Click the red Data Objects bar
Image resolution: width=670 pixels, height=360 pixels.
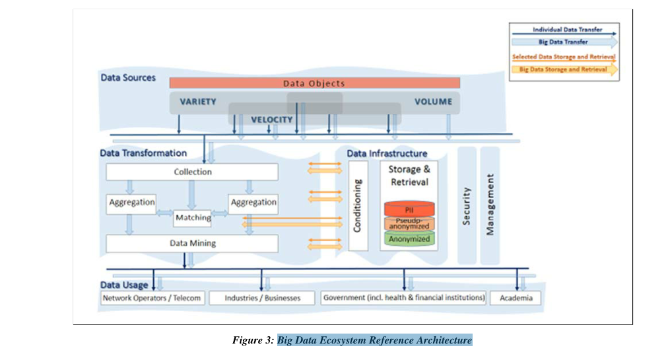pyautogui.click(x=314, y=83)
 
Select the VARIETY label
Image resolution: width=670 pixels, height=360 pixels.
pyautogui.click(x=198, y=102)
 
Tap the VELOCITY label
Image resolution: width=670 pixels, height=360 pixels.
pyautogui.click(x=271, y=120)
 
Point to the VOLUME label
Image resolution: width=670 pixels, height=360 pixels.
pyautogui.click(x=433, y=102)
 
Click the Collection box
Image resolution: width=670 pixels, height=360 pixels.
pyautogui.click(x=192, y=172)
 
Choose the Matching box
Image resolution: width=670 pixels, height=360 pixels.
pyautogui.click(x=193, y=217)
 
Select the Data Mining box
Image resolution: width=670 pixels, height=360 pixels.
pyautogui.click(x=192, y=243)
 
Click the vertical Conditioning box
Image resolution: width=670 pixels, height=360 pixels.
pyautogui.click(x=358, y=205)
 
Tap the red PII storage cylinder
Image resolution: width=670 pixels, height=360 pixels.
pyautogui.click(x=409, y=209)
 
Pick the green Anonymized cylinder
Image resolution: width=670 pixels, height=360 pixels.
pyautogui.click(x=409, y=239)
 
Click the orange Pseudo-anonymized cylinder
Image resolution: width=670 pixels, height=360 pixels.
pyautogui.click(x=409, y=224)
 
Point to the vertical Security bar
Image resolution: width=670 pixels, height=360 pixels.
pyautogui.click(x=467, y=205)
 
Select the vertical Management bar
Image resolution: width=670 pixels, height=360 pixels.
pyautogui.click(x=490, y=205)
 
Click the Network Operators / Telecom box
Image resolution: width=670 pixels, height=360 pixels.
pyautogui.click(x=151, y=298)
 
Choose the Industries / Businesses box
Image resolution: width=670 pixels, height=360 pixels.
pyautogui.click(x=262, y=298)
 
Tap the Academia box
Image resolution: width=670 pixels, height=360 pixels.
pyautogui.click(x=516, y=298)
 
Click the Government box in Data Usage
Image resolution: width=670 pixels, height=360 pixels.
pyautogui.click(x=404, y=298)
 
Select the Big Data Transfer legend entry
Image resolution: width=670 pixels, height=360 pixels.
pyautogui.click(x=564, y=42)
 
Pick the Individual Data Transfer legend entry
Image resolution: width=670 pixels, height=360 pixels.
pyautogui.click(x=564, y=30)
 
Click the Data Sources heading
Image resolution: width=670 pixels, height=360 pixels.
pyautogui.click(x=128, y=77)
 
